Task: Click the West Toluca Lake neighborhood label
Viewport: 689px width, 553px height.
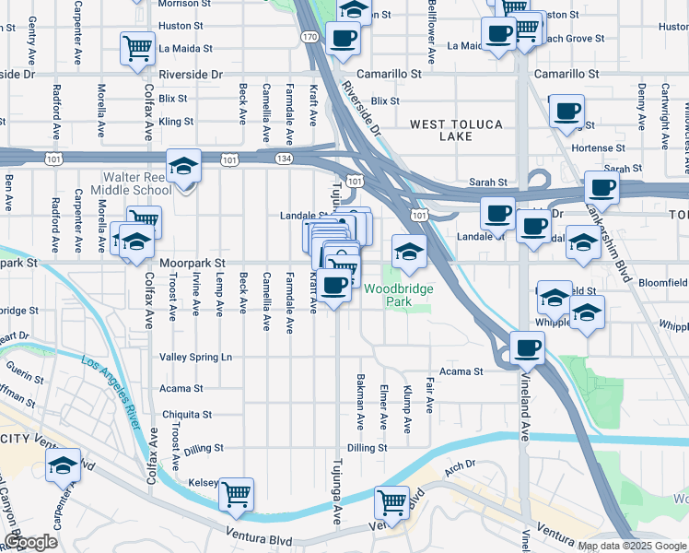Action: click(x=440, y=130)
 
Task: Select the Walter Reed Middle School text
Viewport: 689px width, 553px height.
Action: click(x=136, y=183)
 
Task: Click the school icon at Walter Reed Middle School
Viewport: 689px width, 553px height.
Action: click(x=184, y=167)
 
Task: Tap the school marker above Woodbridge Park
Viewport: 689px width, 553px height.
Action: click(x=409, y=252)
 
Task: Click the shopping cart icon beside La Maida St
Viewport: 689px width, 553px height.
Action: click(x=137, y=48)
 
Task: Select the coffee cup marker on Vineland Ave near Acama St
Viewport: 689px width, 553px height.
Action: click(x=528, y=348)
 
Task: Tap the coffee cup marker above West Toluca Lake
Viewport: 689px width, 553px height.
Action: click(x=566, y=112)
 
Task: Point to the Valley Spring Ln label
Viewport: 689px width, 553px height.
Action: click(x=196, y=357)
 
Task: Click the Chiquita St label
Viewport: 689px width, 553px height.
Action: click(x=187, y=415)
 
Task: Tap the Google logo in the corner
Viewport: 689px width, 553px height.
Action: click(x=30, y=543)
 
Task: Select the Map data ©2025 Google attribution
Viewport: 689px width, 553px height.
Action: click(x=632, y=546)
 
